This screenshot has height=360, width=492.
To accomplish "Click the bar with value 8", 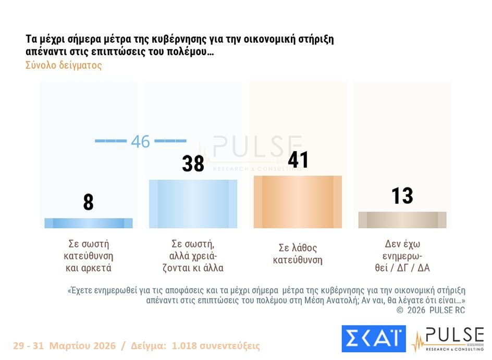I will [x=89, y=223].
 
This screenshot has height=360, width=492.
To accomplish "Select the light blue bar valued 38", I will [x=193, y=204].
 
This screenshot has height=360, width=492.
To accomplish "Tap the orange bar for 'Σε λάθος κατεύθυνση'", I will [x=298, y=202].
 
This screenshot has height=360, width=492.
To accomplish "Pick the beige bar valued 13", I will [x=402, y=220].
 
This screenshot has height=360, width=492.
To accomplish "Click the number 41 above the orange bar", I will [x=298, y=160].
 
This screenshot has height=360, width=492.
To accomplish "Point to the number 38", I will [x=193, y=164].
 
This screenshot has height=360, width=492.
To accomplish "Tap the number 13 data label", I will [x=402, y=196].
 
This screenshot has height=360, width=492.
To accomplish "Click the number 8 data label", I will [x=89, y=202].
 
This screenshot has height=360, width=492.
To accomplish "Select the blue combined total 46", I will [x=140, y=141].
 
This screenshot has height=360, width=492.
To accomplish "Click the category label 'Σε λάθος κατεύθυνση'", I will [x=298, y=254].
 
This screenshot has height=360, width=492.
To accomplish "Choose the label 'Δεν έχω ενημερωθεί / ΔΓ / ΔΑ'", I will [x=402, y=256].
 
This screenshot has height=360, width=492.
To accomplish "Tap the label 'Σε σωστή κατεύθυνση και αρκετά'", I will [x=89, y=256].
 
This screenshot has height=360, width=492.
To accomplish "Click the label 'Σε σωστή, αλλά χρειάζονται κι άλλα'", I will [x=193, y=256].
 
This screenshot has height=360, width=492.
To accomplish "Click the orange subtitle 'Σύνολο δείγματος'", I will [x=63, y=66].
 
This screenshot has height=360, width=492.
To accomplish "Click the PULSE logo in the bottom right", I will [x=448, y=339].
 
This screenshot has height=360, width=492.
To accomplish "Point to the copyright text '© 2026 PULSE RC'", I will [x=431, y=310].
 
